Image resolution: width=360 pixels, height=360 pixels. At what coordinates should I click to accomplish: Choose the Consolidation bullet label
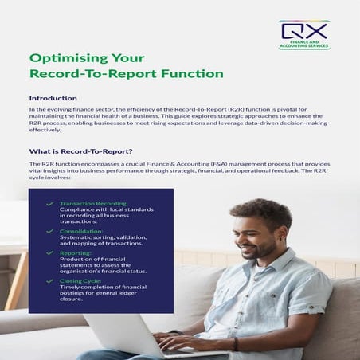tap(80, 232)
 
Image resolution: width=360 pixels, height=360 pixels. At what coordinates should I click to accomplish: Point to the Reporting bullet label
tap(75, 252)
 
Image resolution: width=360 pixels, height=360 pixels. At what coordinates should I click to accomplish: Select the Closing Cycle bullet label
tap(80, 280)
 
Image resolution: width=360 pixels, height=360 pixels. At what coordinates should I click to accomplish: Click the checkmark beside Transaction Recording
tap(51, 203)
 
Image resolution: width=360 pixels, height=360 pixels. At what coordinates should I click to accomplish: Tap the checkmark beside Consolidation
tap(51, 232)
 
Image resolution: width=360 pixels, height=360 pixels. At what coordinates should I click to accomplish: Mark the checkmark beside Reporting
tap(51, 252)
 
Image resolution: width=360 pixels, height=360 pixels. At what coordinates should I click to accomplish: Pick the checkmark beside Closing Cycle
tap(51, 280)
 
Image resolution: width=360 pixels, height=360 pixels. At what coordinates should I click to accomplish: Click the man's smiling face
tap(256, 237)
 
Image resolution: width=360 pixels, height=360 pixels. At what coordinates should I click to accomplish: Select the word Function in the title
tap(193, 74)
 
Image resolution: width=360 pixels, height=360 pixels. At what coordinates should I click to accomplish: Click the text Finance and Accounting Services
tap(304, 45)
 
